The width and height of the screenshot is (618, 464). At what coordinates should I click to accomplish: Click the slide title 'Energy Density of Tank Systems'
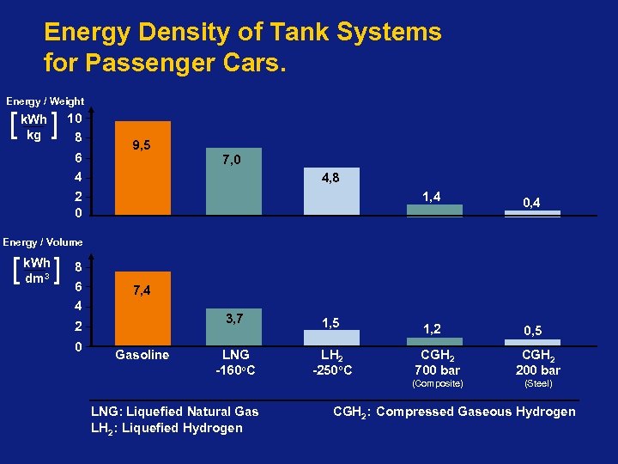pyautogui.click(x=242, y=33)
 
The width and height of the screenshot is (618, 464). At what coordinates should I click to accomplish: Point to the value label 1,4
pyautogui.click(x=432, y=197)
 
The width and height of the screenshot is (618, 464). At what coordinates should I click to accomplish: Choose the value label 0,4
pyautogui.click(x=532, y=202)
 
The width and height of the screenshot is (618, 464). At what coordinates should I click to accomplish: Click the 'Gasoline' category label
pyautogui.click(x=142, y=355)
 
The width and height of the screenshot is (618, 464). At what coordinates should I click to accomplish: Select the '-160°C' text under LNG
pyautogui.click(x=235, y=370)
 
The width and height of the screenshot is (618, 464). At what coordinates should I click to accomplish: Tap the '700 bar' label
pyautogui.click(x=438, y=370)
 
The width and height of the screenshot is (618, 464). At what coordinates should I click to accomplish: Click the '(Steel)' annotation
pyautogui.click(x=537, y=383)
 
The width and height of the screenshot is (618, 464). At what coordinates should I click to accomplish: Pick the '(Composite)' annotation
pyautogui.click(x=438, y=383)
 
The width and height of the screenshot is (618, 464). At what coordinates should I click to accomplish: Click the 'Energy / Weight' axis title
pyautogui.click(x=45, y=101)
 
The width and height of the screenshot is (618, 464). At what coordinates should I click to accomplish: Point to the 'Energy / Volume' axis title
pyautogui.click(x=43, y=242)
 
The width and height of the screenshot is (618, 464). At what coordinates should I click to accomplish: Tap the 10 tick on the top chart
pyautogui.click(x=74, y=118)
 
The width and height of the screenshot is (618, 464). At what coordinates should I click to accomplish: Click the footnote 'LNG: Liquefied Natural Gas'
pyautogui.click(x=174, y=412)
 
